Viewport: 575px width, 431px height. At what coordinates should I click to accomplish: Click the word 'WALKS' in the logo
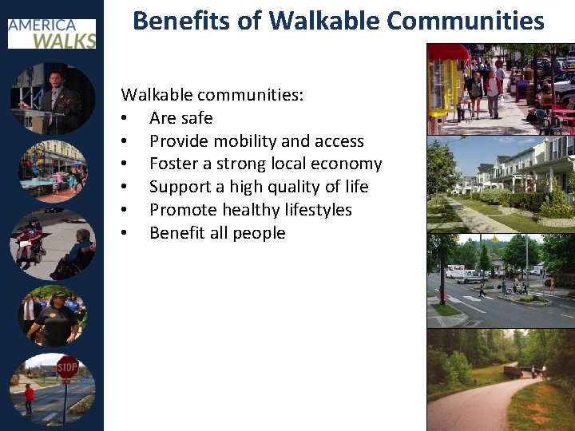[67, 38]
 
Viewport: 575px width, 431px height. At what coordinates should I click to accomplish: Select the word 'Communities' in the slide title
[477, 21]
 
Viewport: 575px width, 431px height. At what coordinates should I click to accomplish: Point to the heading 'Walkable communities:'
[212, 95]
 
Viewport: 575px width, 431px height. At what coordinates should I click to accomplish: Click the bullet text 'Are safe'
[180, 118]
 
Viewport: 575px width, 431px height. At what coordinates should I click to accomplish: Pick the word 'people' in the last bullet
[259, 233]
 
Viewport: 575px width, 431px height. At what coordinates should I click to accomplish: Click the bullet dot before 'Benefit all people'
[125, 233]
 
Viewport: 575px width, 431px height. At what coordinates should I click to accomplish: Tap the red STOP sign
[68, 368]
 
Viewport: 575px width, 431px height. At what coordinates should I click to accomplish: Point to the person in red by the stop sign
[30, 397]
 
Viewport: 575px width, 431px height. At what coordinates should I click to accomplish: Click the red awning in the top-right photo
[449, 52]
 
